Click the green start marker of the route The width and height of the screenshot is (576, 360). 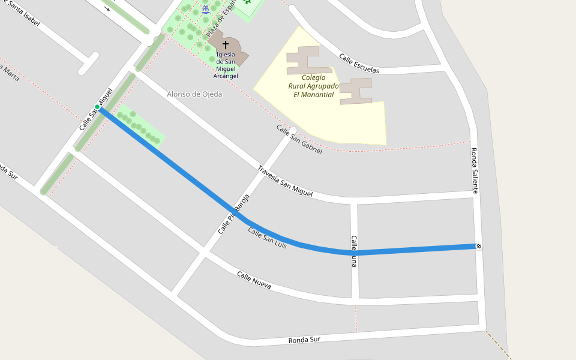click(97, 107)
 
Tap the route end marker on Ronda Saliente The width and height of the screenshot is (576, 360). click(478, 246)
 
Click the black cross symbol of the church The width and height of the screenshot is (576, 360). click(226, 44)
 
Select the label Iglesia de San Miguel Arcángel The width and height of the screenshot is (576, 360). click(226, 65)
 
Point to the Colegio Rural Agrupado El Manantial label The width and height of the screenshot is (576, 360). click(313, 86)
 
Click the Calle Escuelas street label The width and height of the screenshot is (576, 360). click(359, 63)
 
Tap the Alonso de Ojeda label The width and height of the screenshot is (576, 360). click(194, 94)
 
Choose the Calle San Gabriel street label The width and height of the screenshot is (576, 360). click(299, 139)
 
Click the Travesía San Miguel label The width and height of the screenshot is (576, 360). click(285, 181)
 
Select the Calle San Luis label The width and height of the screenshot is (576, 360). click(267, 238)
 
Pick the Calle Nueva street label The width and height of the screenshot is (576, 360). click(253, 280)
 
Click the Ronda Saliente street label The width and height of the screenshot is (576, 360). click(474, 170)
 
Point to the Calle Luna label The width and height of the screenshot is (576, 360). click(354, 251)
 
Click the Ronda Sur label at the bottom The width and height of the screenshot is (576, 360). click(304, 340)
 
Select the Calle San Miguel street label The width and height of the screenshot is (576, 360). click(95, 110)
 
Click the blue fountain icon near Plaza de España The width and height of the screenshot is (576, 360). click(206, 9)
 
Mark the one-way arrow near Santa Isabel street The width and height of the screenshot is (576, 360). click(107, 8)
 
